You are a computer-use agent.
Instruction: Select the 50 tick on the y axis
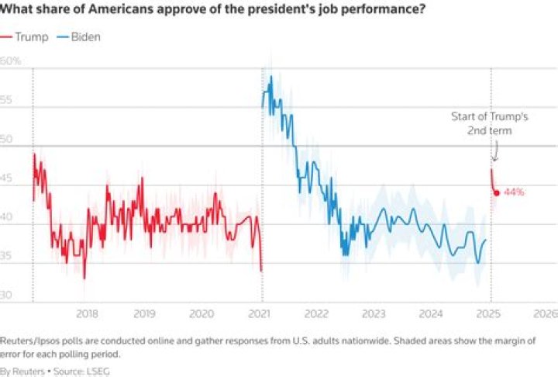coord(7,139)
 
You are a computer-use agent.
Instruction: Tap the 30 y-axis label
coord(7,296)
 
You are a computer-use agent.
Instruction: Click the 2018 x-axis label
coord(88,313)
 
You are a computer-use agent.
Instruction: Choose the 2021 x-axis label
coord(262,313)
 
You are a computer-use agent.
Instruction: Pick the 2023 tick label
coord(374,313)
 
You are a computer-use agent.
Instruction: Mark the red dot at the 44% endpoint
coord(496,192)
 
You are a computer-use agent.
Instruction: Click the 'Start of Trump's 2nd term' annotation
coord(490,123)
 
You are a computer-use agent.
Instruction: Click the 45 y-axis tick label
coord(7,178)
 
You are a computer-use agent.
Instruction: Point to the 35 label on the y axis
coord(7,257)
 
